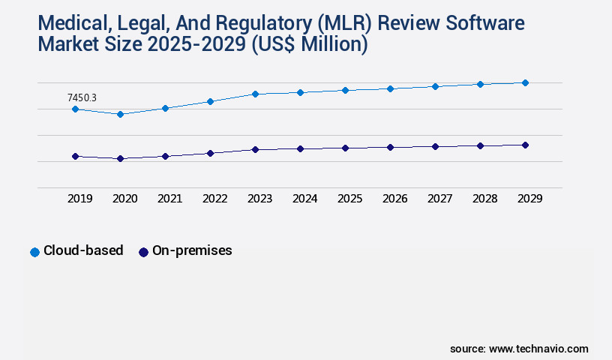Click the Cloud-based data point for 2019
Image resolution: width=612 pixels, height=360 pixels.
point(75,109)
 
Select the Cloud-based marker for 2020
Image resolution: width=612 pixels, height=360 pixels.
point(120,114)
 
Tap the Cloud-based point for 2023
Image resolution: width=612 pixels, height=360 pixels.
point(255,94)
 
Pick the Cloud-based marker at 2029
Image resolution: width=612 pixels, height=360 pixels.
point(525,82)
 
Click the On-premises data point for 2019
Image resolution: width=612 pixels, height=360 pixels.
point(75,156)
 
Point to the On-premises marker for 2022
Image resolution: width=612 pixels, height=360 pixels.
point(210,153)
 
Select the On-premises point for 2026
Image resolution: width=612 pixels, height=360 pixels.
point(390,147)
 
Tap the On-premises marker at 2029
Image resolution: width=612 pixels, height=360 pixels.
point(525,145)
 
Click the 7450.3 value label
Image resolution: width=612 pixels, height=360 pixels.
point(82,97)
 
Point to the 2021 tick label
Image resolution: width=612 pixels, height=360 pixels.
point(169,199)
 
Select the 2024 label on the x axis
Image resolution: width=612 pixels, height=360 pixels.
point(304,199)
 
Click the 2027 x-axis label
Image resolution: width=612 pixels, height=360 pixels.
point(439,199)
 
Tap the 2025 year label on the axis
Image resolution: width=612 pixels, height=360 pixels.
point(349,199)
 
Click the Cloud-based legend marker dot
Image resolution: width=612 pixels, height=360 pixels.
point(34,252)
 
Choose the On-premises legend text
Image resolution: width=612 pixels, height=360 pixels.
point(192,250)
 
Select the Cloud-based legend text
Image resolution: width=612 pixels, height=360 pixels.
point(83,250)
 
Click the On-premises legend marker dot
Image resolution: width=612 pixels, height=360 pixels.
point(143,252)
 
